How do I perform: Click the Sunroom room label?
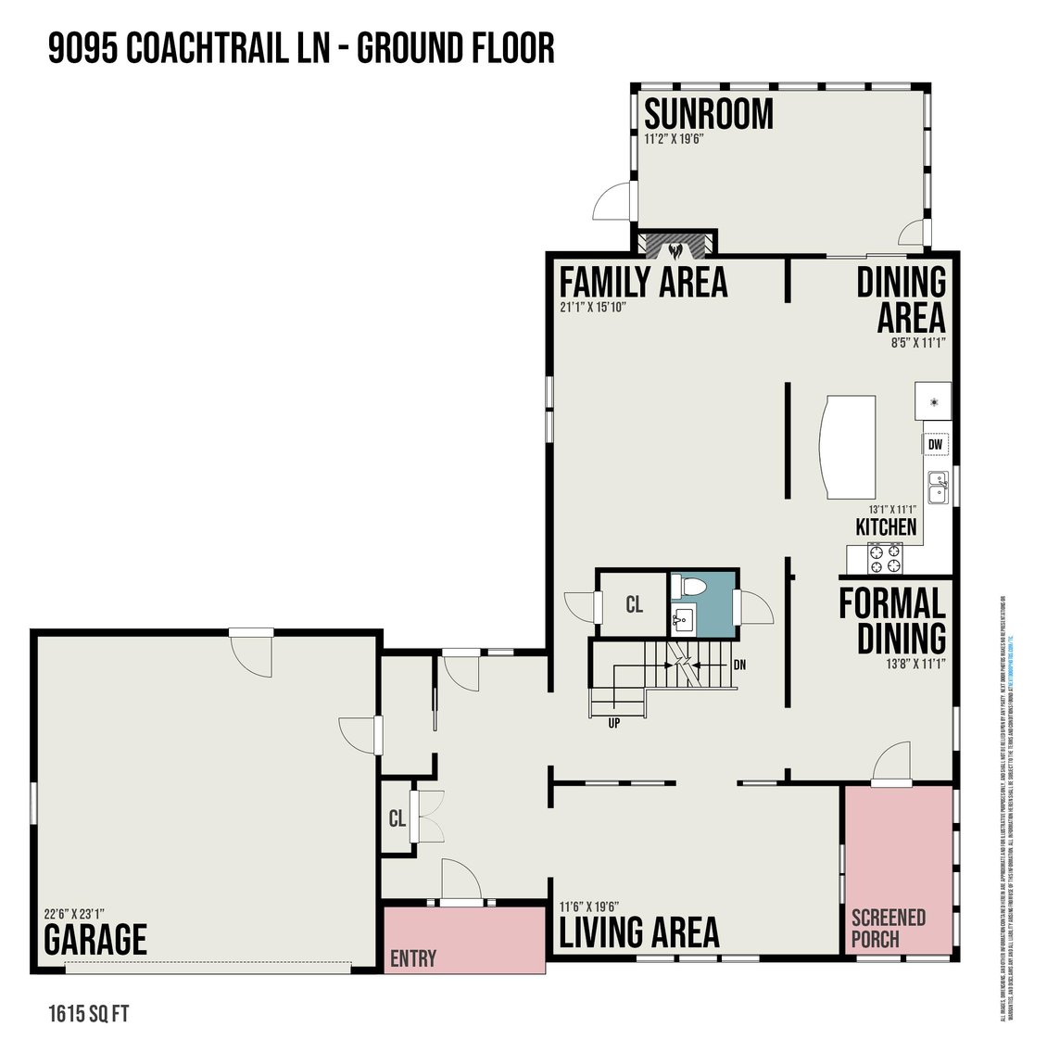click(709, 115)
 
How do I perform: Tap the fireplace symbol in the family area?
click(675, 248)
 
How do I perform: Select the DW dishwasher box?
click(936, 445)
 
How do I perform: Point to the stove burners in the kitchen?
click(884, 558)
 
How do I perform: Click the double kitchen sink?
click(938, 488)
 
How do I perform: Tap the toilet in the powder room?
click(689, 587)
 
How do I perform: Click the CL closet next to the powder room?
click(634, 605)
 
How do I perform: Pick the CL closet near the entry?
click(397, 818)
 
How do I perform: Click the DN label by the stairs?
click(739, 665)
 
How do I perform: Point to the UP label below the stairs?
click(613, 723)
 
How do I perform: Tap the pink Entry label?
click(413, 958)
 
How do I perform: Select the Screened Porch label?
click(888, 928)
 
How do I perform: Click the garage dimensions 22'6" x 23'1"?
click(74, 912)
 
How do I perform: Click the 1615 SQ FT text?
click(88, 1013)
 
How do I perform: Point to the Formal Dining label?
click(891, 621)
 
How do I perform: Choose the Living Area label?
click(639, 932)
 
